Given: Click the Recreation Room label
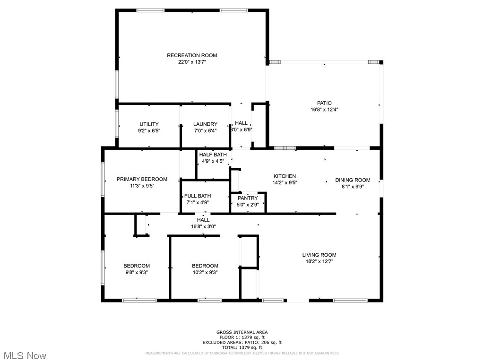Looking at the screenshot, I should click(x=192, y=55).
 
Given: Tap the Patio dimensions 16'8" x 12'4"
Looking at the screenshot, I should click(x=324, y=109).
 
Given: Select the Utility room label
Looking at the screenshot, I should click(x=149, y=124).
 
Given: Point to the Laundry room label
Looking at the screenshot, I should click(x=205, y=124).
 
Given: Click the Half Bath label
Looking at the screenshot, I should click(x=213, y=155).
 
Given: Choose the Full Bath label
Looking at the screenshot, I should click(x=198, y=196).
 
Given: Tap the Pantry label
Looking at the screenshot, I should click(x=248, y=198).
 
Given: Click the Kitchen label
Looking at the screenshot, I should click(x=285, y=176).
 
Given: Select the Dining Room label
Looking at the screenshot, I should click(x=353, y=180).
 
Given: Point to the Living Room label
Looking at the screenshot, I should click(x=320, y=255).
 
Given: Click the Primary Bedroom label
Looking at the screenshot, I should click(x=142, y=179).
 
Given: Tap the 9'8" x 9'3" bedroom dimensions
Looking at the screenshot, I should click(x=137, y=272).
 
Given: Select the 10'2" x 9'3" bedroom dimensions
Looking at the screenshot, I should click(x=205, y=272).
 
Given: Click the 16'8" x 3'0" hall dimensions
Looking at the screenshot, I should click(x=203, y=226).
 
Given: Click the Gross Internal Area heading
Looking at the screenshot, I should click(x=242, y=332).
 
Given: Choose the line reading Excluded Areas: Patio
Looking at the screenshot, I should click(x=242, y=342).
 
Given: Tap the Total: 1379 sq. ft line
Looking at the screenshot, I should click(x=242, y=347).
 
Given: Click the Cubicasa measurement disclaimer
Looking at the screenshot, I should click(x=242, y=353).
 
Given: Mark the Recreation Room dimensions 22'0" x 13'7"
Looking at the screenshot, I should click(x=192, y=62).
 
